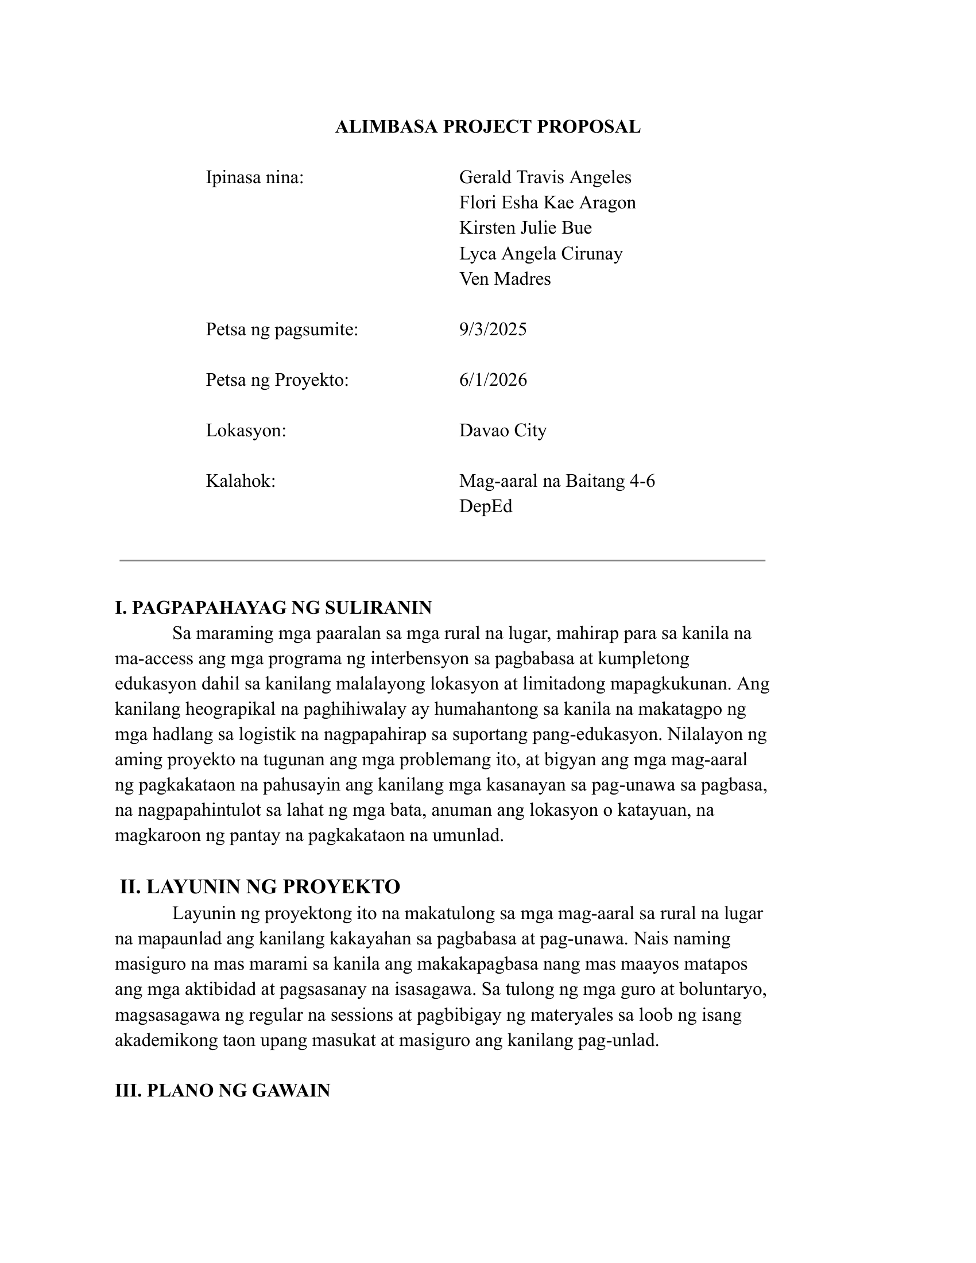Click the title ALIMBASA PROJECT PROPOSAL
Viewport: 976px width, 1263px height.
coord(487,127)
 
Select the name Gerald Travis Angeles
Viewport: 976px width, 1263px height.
coord(545,177)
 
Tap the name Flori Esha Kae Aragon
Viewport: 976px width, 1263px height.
coord(547,203)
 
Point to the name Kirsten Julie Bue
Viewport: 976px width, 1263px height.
coord(525,228)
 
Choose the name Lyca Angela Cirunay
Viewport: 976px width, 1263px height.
coord(541,253)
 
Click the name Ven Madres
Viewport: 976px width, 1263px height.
coord(505,279)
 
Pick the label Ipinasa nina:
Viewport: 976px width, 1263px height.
coord(254,177)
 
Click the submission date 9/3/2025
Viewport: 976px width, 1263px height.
coord(493,330)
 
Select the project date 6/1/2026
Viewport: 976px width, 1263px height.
coord(493,380)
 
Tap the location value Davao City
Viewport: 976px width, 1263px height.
coord(502,431)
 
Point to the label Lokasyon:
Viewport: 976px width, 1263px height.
coord(246,431)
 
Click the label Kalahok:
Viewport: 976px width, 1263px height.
coord(241,481)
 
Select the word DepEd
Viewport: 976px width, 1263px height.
coord(486,506)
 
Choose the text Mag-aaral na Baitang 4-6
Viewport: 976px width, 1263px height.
coord(557,481)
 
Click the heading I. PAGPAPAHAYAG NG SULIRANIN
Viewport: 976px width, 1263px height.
coord(273,608)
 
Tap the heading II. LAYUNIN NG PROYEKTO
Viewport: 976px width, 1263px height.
coord(260,887)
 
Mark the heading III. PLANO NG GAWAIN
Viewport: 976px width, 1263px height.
coord(222,1091)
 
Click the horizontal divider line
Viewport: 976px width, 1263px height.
coord(441,560)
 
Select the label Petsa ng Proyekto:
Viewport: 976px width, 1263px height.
coord(277,380)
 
